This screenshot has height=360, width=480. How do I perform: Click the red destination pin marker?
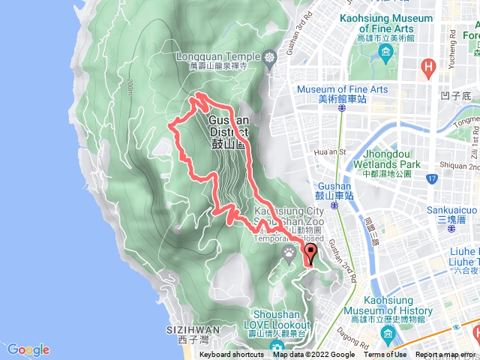pos(310,253)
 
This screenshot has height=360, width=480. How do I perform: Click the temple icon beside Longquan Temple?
pos(269,57)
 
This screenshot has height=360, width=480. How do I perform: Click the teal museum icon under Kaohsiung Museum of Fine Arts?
pos(386,52)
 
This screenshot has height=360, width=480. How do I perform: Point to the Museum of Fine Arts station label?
pos(342,94)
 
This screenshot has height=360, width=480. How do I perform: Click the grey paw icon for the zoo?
pos(290,254)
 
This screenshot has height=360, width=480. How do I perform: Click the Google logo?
pos(28,349)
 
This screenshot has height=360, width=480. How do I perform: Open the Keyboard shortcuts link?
pos(232,355)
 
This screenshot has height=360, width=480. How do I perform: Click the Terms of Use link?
pos(385,355)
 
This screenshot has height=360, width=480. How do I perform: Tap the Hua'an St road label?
pos(327,151)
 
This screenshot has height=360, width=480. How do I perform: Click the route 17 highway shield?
pos(431,179)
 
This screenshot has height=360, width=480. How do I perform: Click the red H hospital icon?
pos(428,68)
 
